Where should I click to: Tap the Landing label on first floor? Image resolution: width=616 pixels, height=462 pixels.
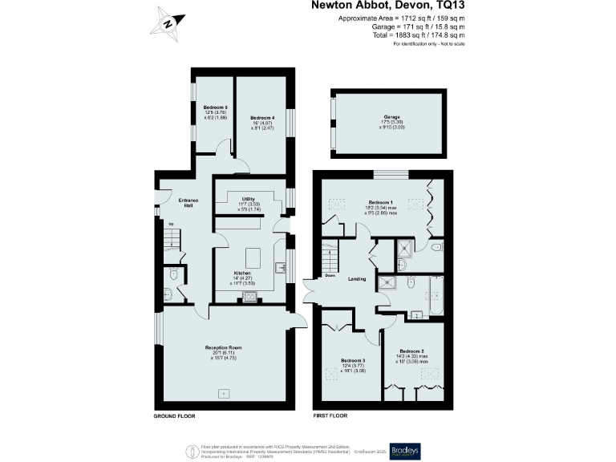tap(357, 279)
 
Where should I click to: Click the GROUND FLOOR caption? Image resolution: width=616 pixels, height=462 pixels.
tap(174, 417)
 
